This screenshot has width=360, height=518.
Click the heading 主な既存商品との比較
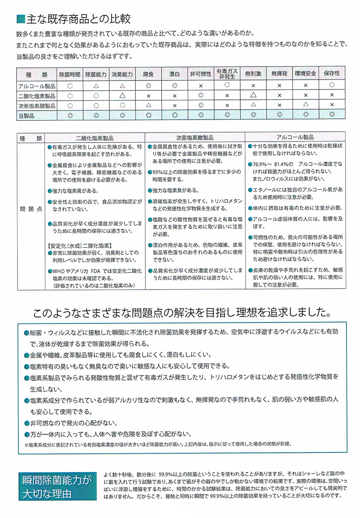[x=79, y=19]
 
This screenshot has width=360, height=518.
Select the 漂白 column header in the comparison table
[x=175, y=74]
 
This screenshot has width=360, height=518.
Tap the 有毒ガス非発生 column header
[x=227, y=74]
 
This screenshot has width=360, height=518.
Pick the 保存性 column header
[x=332, y=74]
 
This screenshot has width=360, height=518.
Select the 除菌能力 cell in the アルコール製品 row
[x=96, y=85]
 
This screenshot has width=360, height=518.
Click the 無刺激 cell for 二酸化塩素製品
[x=253, y=95]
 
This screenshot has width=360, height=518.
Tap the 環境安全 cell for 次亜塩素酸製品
[x=306, y=105]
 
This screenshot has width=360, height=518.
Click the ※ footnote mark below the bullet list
[x=27, y=444]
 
